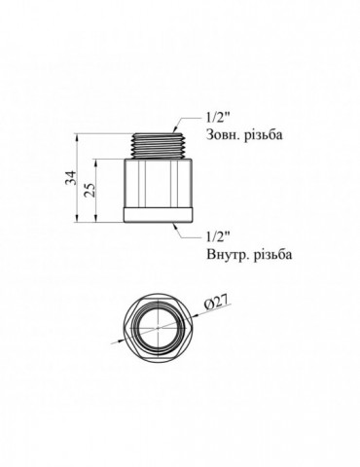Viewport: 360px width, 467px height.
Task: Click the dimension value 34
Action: coord(71,177)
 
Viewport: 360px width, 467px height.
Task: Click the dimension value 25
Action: coord(90,190)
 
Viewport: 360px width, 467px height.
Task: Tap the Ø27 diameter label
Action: coord(217,302)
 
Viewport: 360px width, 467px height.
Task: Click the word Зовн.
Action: coord(220,134)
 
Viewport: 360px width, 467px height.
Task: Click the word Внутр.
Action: coord(225,255)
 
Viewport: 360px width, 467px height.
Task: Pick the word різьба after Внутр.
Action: coord(270,254)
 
